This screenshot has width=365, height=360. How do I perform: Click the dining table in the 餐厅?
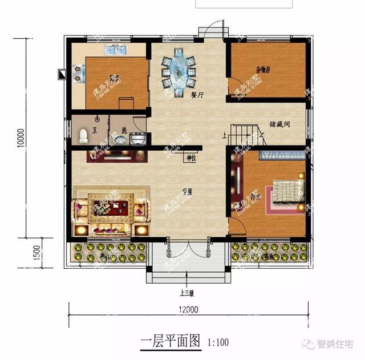[x=179, y=70]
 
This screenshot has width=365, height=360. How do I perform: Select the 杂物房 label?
[x=263, y=70]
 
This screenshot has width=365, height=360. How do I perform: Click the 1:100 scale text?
[x=219, y=343]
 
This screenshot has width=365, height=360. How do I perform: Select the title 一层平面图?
[x=171, y=342]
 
